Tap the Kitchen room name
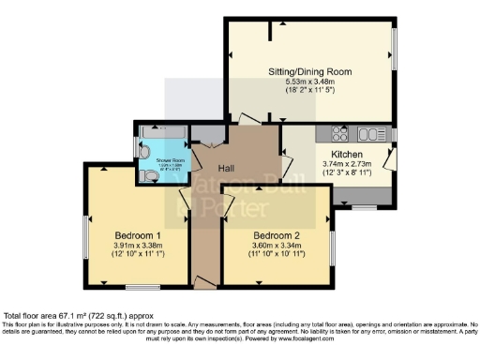(346, 152)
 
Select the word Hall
(227, 168)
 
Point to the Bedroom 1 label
(138, 234)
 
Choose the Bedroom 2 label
(277, 234)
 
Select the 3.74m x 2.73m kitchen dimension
(346, 162)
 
